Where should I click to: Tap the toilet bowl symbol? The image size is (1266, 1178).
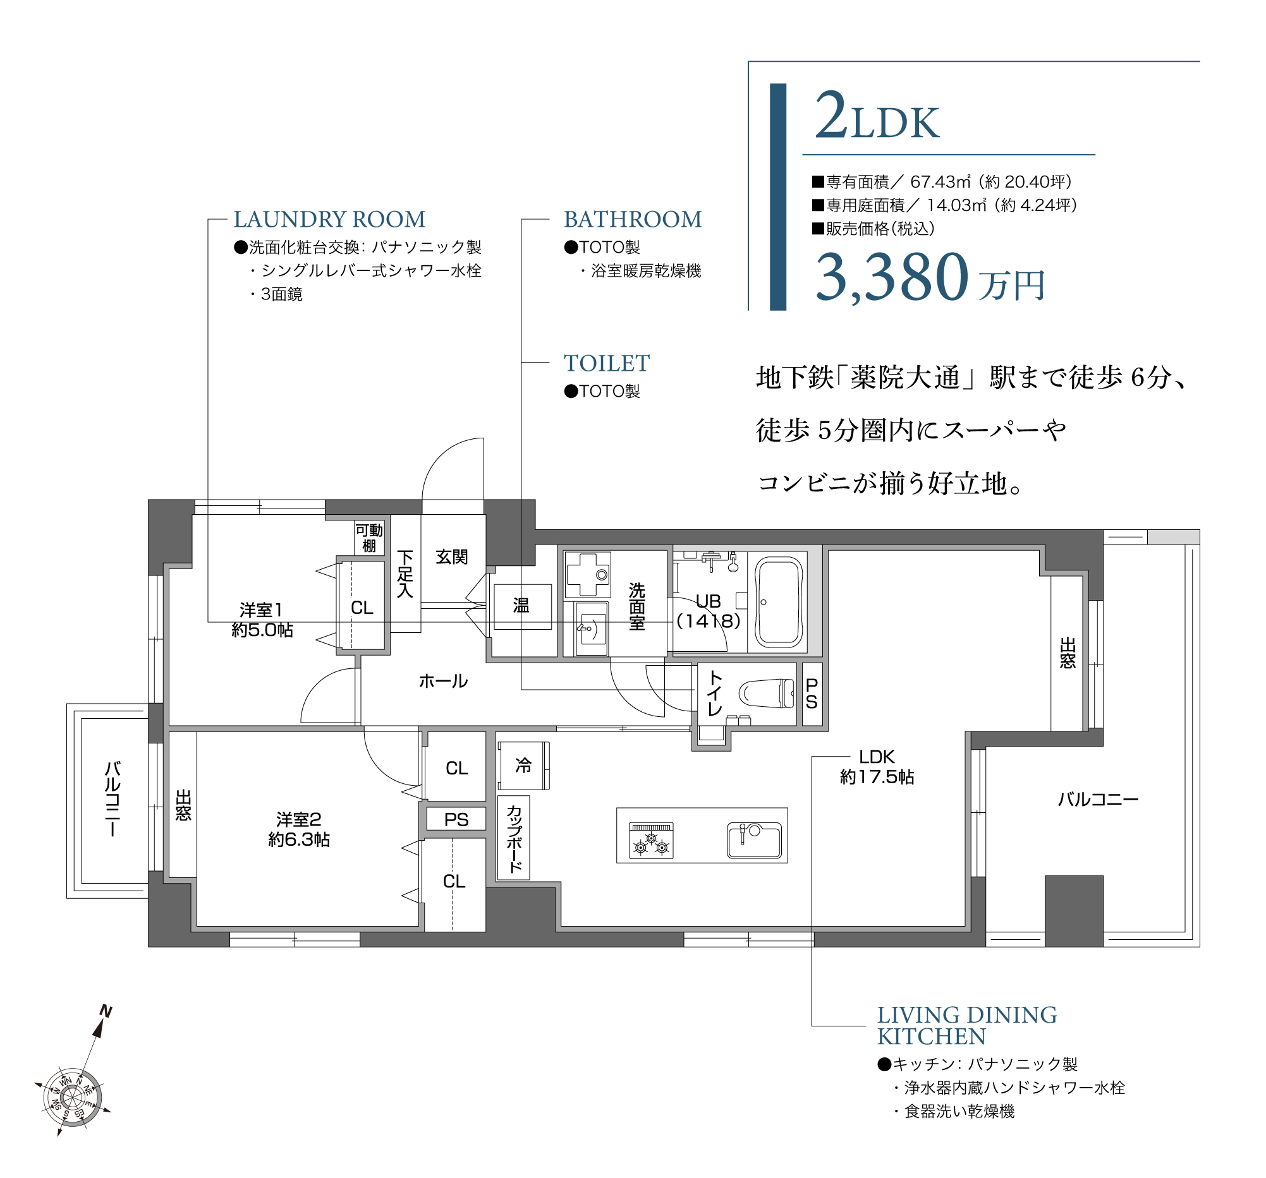point(768,694)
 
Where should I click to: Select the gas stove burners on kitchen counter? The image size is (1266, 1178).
point(652,841)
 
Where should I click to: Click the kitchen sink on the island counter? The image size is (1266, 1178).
point(755,840)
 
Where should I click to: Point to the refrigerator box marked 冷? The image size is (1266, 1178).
point(523,766)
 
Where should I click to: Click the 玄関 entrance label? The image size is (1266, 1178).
point(451,558)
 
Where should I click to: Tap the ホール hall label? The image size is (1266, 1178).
point(443,682)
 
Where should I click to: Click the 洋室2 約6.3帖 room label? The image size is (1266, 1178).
point(299,830)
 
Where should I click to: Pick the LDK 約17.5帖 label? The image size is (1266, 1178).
point(877,767)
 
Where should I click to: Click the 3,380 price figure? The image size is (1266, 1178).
point(892,277)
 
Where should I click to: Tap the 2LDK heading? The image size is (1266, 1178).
point(877,117)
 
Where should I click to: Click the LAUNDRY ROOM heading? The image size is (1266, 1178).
point(329,220)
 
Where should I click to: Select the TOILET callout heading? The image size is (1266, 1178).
point(606,363)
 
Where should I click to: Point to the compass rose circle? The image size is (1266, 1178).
point(73,1097)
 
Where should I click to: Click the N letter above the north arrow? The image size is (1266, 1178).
point(106,1012)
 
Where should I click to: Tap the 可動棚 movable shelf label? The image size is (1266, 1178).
point(368,538)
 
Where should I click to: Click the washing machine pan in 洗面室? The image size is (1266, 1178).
point(587,575)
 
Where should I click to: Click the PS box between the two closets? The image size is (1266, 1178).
point(456,820)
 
